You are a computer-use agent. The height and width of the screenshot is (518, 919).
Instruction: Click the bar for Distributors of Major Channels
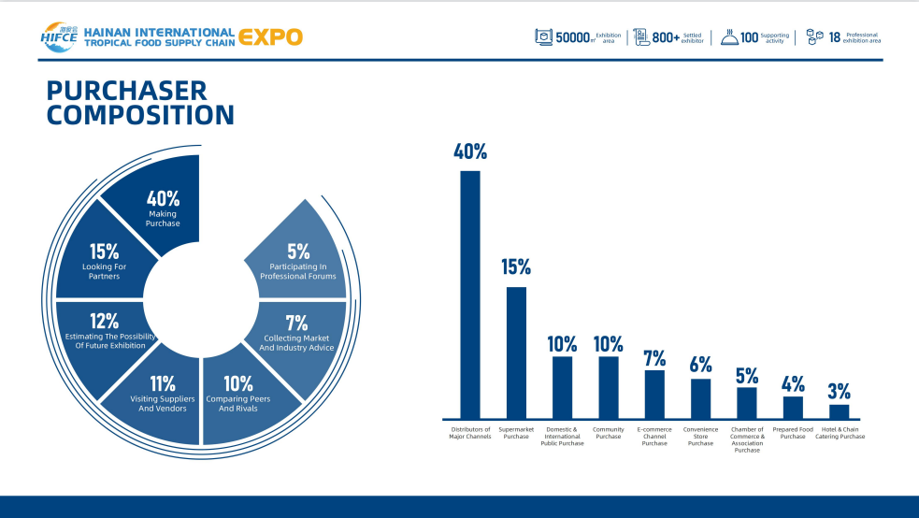pyautogui.click(x=470, y=295)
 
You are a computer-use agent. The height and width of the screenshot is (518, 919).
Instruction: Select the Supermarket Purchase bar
pyautogui.click(x=516, y=353)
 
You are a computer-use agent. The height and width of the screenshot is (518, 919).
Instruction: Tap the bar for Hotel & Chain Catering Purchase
pyautogui.click(x=840, y=411)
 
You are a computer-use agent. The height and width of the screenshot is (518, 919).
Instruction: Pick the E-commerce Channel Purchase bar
pyautogui.click(x=654, y=395)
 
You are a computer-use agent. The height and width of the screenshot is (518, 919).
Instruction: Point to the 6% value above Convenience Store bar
pyautogui.click(x=700, y=364)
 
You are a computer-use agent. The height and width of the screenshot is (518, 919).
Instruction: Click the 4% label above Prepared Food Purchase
pyautogui.click(x=793, y=382)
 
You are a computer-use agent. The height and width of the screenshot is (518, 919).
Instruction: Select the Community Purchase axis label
pyautogui.click(x=609, y=433)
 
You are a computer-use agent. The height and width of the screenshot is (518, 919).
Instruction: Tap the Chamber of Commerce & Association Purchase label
pyautogui.click(x=747, y=439)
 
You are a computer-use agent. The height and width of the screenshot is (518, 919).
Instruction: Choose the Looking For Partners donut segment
pyautogui.click(x=104, y=262)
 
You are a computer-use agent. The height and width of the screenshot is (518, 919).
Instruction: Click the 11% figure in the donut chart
pyautogui.click(x=163, y=382)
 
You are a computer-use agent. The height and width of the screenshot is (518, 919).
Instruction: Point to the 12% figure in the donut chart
pyautogui.click(x=104, y=322)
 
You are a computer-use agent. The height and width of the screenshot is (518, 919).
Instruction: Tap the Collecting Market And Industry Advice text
pyautogui.click(x=299, y=343)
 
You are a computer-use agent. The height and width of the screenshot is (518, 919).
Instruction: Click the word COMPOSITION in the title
pyautogui.click(x=140, y=116)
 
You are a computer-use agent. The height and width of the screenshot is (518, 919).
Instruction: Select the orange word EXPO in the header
pyautogui.click(x=271, y=37)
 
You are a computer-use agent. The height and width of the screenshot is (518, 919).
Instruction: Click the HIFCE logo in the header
pyautogui.click(x=58, y=36)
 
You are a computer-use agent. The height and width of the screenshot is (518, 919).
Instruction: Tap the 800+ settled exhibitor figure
pyautogui.click(x=666, y=37)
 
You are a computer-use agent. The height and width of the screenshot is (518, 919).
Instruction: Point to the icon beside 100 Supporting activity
pyautogui.click(x=729, y=37)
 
